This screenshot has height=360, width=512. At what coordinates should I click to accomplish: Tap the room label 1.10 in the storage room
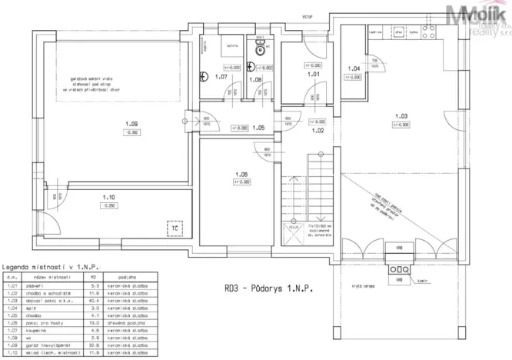(x=108, y=197)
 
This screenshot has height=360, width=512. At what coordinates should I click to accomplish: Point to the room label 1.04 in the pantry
(x=354, y=69)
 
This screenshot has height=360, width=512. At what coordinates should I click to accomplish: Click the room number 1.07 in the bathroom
(x=221, y=78)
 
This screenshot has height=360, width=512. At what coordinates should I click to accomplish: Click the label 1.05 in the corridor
(x=258, y=128)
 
